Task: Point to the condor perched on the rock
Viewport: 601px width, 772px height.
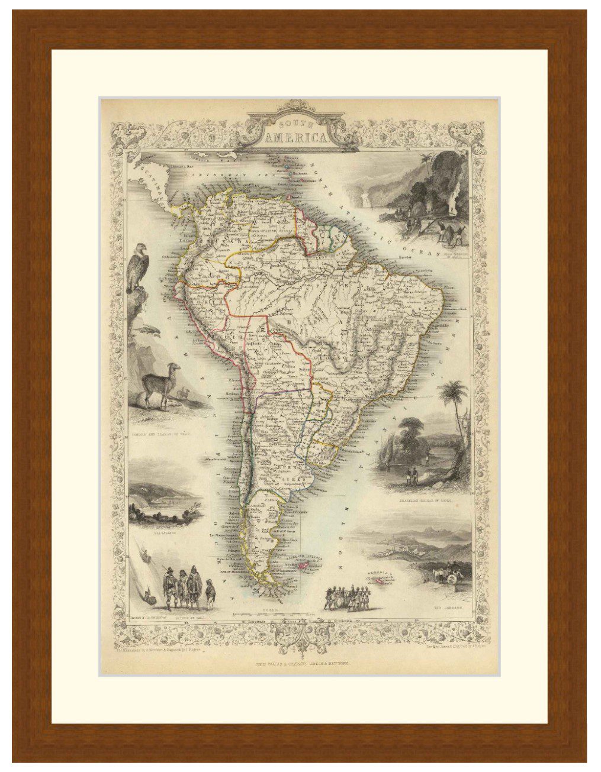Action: (137, 269)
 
